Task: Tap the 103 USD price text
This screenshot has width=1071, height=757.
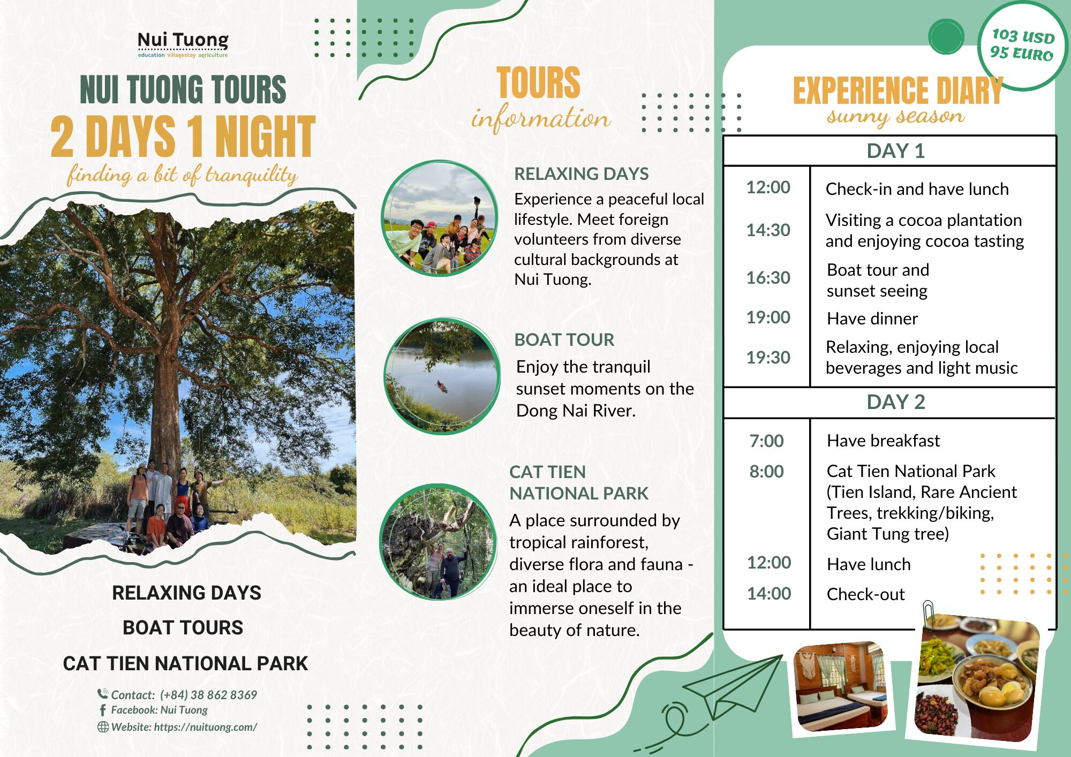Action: click(1023, 36)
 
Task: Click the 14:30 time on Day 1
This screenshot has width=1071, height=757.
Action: click(768, 230)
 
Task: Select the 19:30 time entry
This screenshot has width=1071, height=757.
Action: click(768, 357)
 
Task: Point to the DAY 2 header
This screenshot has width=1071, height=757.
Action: click(895, 402)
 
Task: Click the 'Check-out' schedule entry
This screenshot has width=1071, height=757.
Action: click(865, 594)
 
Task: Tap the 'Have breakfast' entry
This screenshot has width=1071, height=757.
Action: click(883, 441)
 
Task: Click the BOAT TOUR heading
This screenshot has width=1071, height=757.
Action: click(564, 339)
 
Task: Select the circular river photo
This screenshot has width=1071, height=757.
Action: click(442, 376)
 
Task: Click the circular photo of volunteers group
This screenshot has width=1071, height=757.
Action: click(440, 218)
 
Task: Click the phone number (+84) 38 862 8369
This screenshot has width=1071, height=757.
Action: click(208, 695)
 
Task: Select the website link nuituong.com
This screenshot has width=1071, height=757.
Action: click(205, 727)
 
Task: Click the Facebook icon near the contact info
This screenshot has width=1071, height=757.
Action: click(103, 710)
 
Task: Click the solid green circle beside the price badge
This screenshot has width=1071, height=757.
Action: click(946, 36)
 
